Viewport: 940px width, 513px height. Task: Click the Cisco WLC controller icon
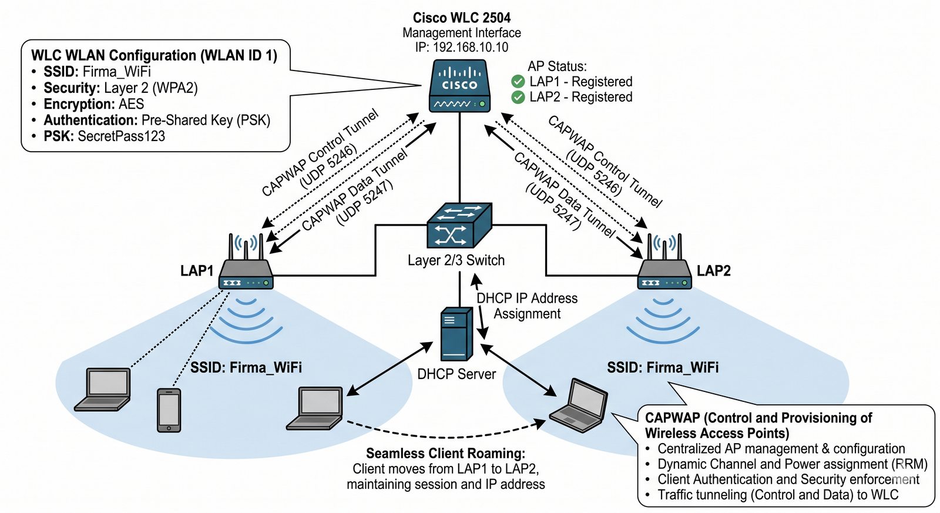[460, 86]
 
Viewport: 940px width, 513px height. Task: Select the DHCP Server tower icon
[456, 334]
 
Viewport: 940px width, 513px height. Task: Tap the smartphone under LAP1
[169, 410]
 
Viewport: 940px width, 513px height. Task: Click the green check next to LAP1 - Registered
[518, 82]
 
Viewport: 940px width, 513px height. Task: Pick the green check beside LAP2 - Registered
[518, 97]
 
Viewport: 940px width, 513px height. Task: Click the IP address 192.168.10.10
[470, 48]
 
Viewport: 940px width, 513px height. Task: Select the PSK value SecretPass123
[121, 136]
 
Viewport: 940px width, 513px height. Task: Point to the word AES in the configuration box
[131, 104]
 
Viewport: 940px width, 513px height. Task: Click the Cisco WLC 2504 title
[461, 18]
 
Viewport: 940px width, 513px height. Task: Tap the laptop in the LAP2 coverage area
[579, 406]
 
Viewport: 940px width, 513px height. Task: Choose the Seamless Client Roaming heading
[445, 453]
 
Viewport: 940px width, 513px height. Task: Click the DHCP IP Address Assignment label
[526, 306]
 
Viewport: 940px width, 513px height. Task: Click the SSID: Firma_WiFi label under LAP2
[663, 368]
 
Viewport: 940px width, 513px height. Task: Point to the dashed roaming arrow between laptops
[446, 437]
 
